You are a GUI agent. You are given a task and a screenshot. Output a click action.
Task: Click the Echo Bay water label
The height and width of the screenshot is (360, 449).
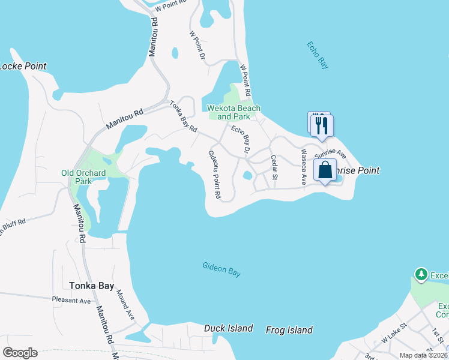tap(317, 55)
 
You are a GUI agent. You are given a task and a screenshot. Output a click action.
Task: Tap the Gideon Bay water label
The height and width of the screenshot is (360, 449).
tap(221, 269)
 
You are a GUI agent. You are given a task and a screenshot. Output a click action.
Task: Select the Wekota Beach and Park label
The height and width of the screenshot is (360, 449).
tap(234, 112)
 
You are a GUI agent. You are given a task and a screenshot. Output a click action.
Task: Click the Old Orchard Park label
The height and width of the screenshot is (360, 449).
tap(84, 177)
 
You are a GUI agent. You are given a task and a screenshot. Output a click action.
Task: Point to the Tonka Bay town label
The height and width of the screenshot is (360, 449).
tap(91, 286)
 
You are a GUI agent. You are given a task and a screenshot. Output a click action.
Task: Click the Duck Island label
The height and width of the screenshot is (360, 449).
tap(228, 329)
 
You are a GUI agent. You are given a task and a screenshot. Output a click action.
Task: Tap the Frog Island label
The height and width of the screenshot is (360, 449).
tap(291, 330)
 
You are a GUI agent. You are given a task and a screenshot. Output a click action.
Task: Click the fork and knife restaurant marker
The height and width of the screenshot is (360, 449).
tap(322, 125)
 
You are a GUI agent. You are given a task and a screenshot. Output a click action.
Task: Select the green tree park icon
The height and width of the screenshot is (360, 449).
tap(421, 275)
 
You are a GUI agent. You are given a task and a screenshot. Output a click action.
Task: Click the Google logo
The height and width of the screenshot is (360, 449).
tap(20, 353)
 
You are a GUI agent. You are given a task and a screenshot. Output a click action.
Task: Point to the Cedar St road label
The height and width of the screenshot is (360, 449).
tap(274, 167)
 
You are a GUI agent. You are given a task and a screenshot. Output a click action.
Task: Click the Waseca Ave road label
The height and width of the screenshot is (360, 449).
tap(304, 166)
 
